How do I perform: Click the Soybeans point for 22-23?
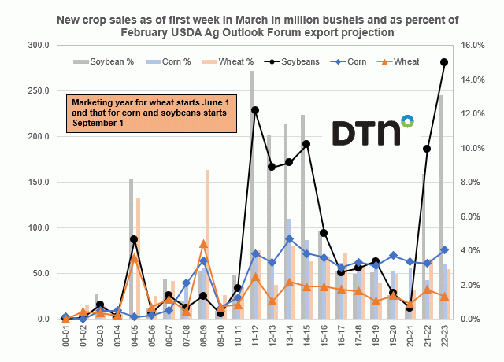pos(445,62)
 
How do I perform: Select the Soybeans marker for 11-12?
pos(255,110)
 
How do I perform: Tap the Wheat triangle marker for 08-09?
pos(204,244)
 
